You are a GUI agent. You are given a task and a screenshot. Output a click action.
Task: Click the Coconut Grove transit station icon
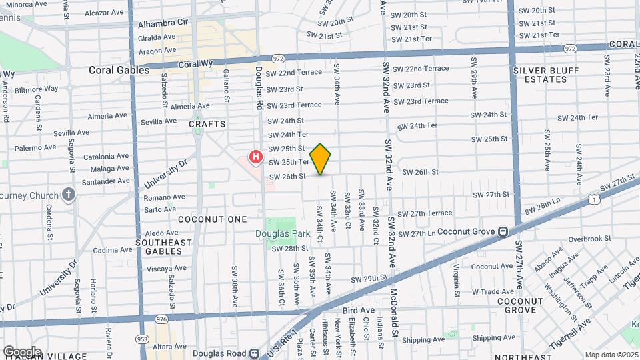503,231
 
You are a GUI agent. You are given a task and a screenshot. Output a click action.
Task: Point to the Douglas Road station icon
254,353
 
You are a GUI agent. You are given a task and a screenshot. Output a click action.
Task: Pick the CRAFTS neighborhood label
207,124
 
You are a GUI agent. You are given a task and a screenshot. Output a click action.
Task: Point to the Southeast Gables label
159,247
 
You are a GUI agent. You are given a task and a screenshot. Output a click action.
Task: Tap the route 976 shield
161,320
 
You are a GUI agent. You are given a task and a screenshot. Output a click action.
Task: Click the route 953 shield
141,338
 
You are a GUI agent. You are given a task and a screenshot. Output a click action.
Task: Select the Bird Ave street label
358,310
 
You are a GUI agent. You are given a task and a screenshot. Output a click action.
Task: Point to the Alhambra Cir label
163,23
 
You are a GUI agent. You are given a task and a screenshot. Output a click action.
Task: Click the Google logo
21,351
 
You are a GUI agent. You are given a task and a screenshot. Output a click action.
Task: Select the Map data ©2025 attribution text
611,355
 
